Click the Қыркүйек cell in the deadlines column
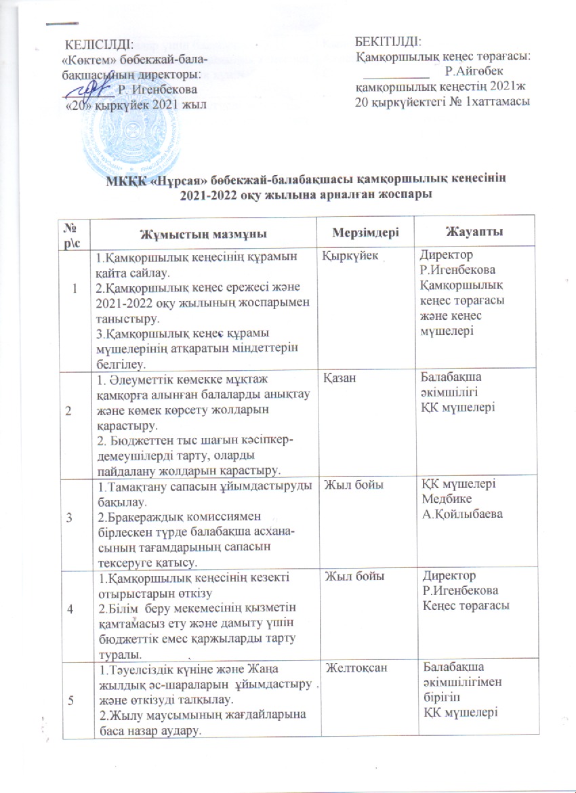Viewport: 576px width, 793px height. click(351, 257)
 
